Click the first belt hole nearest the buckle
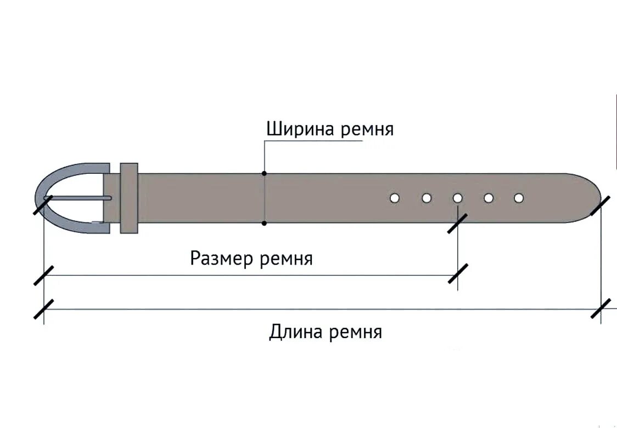click(395, 198)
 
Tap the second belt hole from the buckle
click(427, 198)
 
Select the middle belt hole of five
click(458, 198)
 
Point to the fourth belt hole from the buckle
click(489, 198)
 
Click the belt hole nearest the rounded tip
click(519, 198)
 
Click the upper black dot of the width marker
click(264, 173)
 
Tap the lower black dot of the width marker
click(264, 223)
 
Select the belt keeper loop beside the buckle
click(128, 198)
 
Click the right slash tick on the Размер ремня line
click(458, 273)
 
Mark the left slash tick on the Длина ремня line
click(43, 309)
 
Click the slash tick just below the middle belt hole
click(457, 223)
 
